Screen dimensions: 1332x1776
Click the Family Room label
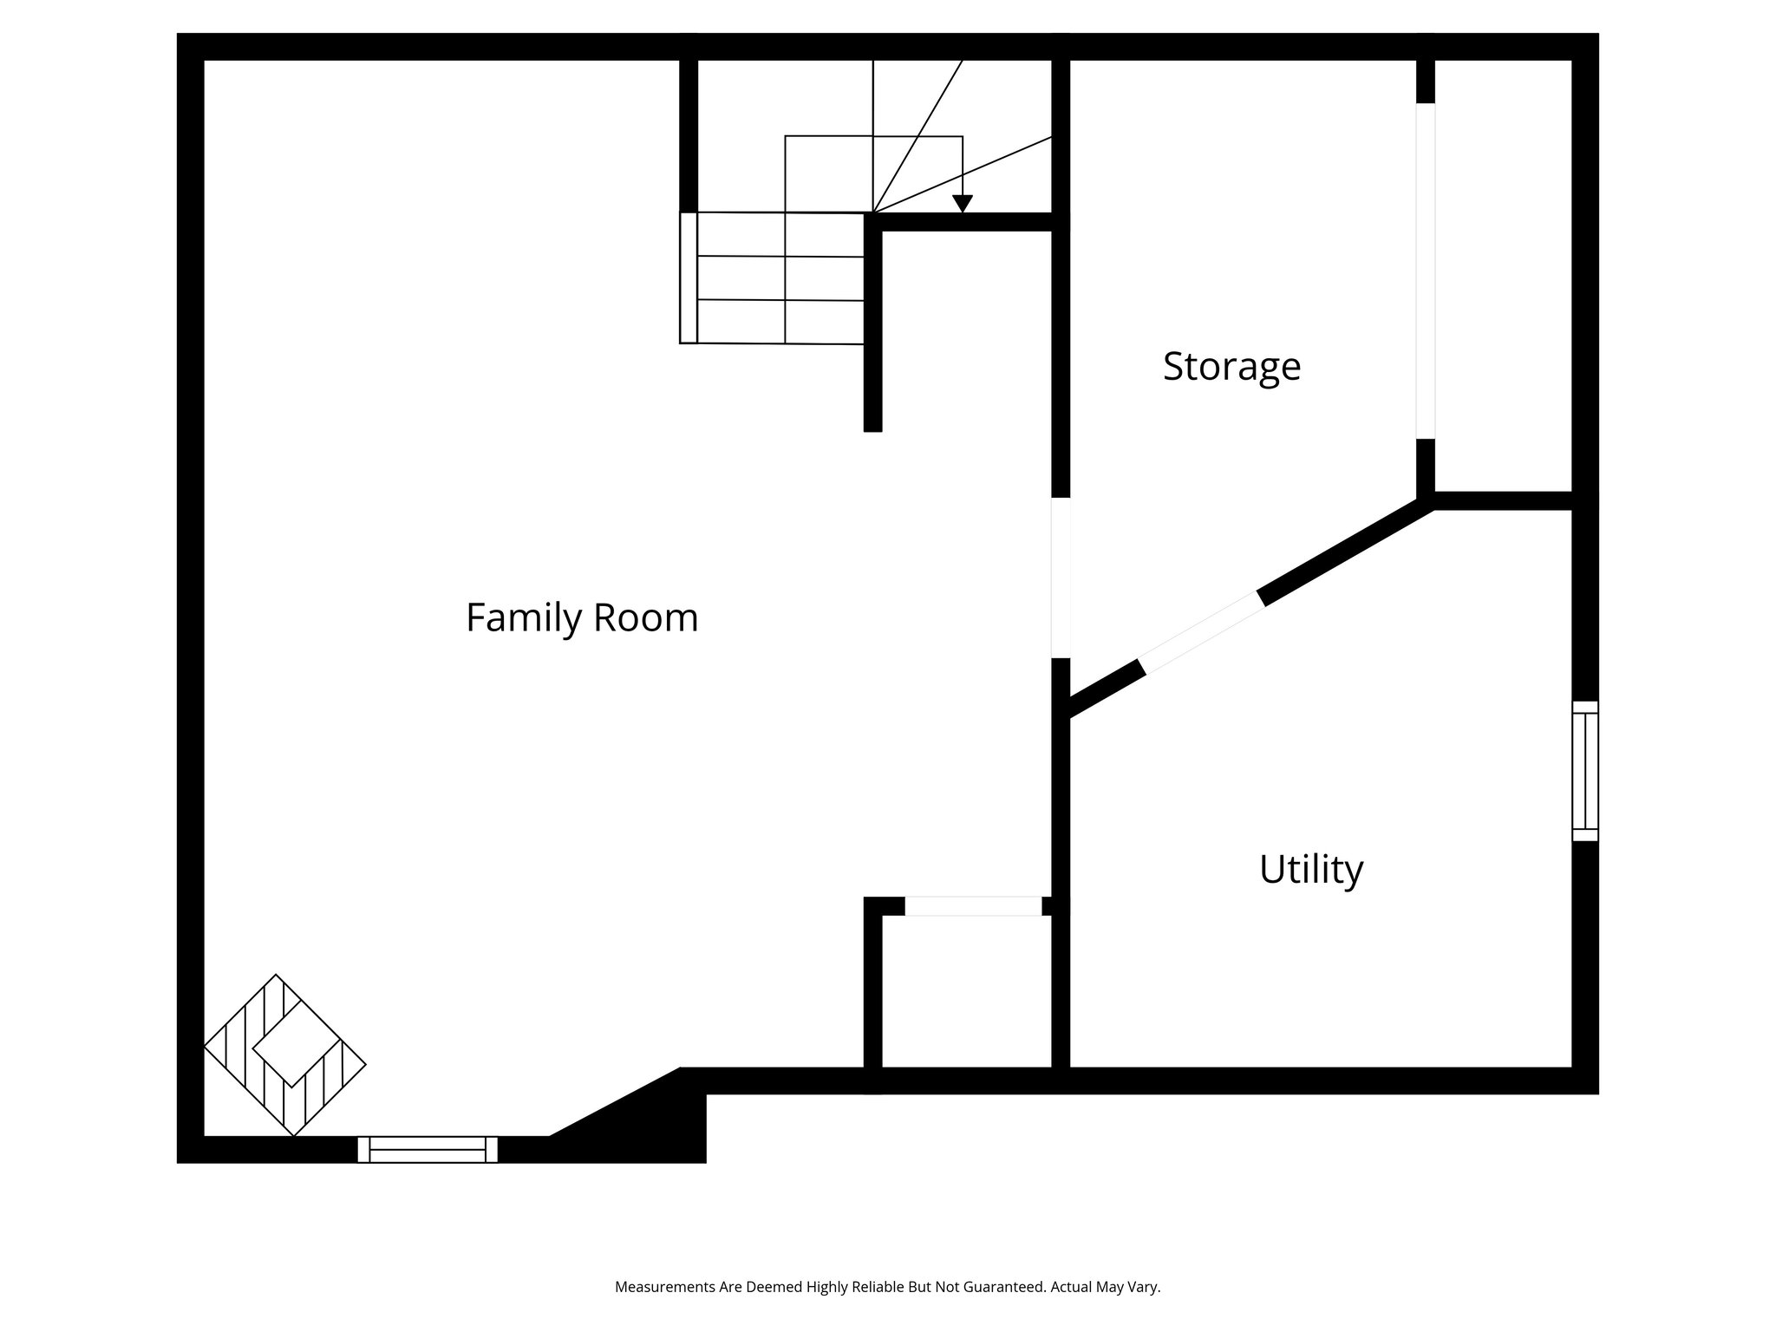pyautogui.click(x=582, y=618)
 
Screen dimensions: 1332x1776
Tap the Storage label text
pyautogui.click(x=1231, y=366)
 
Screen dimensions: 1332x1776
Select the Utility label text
pyautogui.click(x=1310, y=869)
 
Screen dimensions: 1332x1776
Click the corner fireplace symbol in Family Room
pyautogui.click(x=284, y=1055)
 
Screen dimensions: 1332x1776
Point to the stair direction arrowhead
pyautogui.click(x=962, y=204)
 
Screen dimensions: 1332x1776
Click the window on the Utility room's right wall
pyautogui.click(x=1584, y=771)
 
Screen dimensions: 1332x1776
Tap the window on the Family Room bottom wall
pyautogui.click(x=428, y=1149)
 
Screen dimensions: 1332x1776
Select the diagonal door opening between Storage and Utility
pyautogui.click(x=1202, y=631)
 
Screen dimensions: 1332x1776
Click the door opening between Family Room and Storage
pyautogui.click(x=1061, y=578)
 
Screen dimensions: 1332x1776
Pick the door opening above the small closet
pyautogui.click(x=973, y=906)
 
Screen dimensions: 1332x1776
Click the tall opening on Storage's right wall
pyautogui.click(x=1425, y=271)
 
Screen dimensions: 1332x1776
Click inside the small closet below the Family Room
pyautogui.click(x=966, y=993)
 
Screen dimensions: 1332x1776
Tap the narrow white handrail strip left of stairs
pyautogui.click(x=689, y=277)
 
